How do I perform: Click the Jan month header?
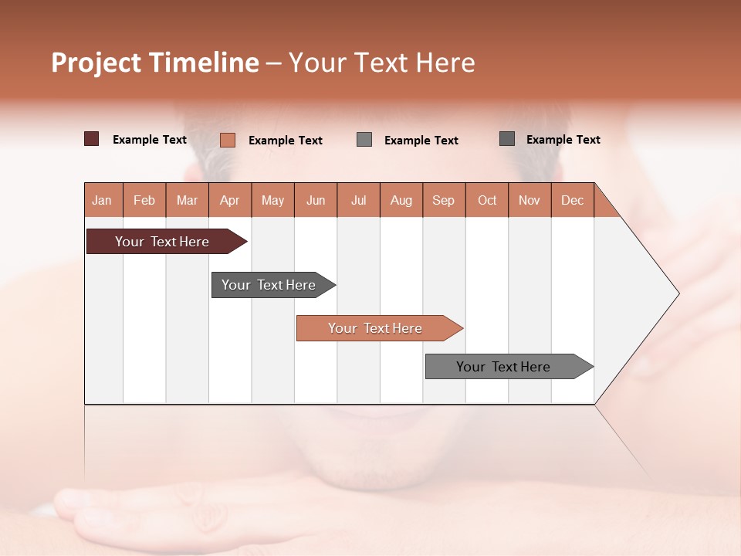point(103,200)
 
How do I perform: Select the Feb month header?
point(144,200)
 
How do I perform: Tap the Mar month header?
point(187,200)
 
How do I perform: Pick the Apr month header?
point(230,200)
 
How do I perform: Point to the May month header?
point(272,200)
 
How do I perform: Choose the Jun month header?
point(316,200)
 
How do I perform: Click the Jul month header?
point(358,200)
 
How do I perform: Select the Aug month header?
point(401,200)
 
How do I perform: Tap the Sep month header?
point(444,200)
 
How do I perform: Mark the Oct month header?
point(487,200)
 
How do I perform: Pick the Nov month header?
point(530,200)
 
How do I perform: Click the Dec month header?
point(573,200)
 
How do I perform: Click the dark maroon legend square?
point(92,139)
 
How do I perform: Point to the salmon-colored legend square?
point(228,140)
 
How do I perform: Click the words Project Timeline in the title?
point(155,63)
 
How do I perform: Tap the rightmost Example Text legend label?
point(563,140)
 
